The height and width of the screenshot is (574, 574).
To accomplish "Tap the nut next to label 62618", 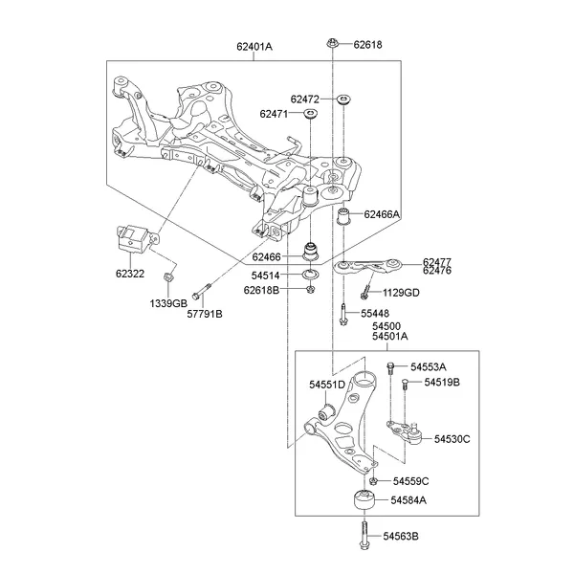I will tap(331, 44).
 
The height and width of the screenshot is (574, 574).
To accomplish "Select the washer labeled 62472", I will tap(341, 99).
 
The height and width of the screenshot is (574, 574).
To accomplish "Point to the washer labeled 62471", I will tap(310, 115).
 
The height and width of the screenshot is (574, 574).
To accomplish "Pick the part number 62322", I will tap(131, 273).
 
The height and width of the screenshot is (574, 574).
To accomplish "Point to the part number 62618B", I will tap(261, 290).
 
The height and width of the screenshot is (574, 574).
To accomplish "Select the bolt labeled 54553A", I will tap(390, 368).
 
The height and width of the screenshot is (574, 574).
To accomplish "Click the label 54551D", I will tap(326, 385).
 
